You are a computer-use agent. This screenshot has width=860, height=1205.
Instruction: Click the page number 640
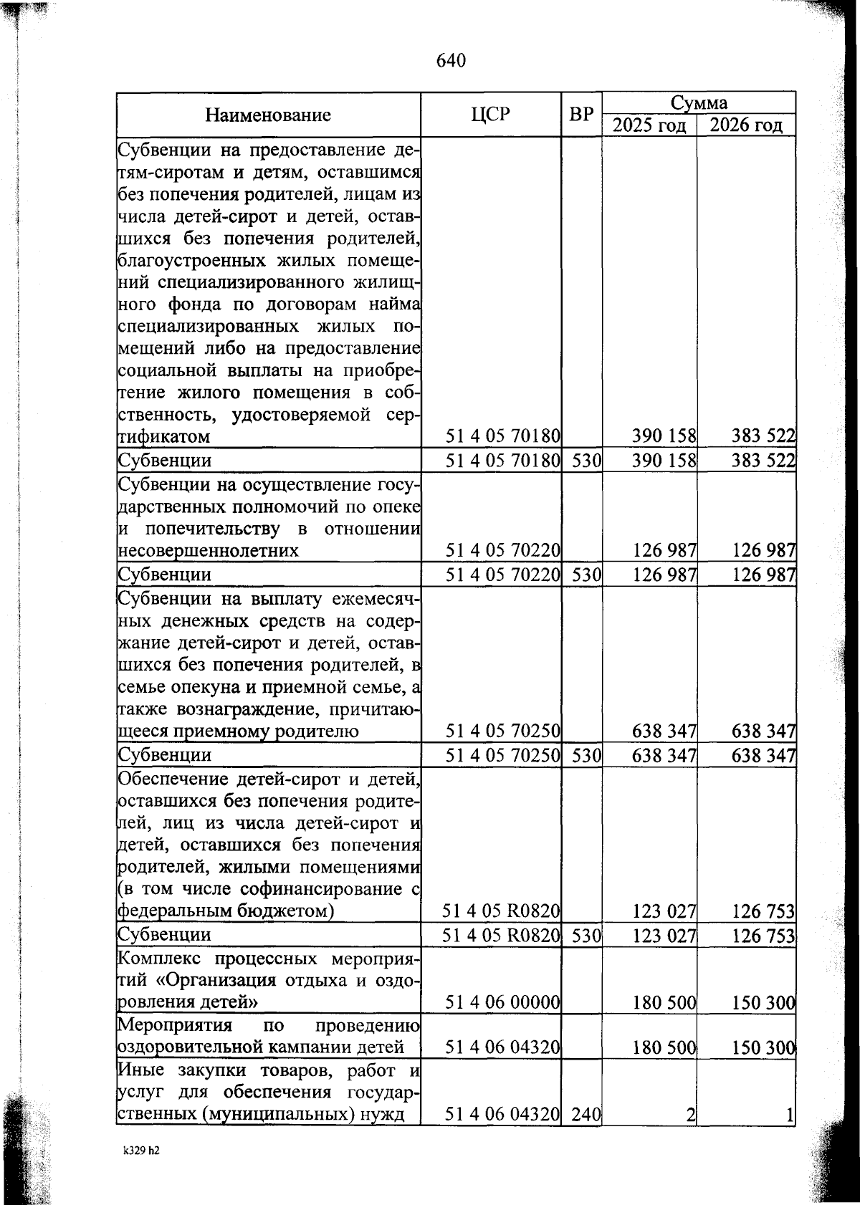pyautogui.click(x=451, y=61)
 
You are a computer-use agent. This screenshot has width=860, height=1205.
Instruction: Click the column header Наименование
pyautogui.click(x=268, y=115)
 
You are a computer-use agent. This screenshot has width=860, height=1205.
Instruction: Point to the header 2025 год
pyautogui.click(x=649, y=125)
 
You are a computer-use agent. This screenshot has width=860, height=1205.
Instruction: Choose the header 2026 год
pyautogui.click(x=746, y=125)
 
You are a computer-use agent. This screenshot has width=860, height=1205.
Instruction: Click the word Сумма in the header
pyautogui.click(x=699, y=102)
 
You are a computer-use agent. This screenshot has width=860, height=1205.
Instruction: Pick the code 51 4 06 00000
pyautogui.click(x=502, y=1002)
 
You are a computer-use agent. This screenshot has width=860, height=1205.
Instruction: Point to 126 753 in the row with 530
pyautogui.click(x=764, y=936)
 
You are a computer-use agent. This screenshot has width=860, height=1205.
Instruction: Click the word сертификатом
pyautogui.click(x=164, y=436)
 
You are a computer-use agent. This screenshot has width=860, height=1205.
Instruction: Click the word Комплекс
pyautogui.click(x=151, y=959)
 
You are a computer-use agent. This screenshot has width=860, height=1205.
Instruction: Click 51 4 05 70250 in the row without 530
pyautogui.click(x=502, y=731)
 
